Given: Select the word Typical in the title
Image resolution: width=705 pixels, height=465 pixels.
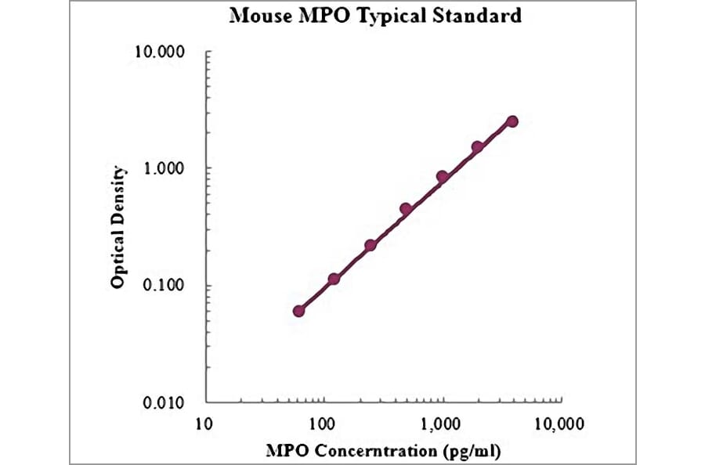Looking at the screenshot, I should coord(392,16).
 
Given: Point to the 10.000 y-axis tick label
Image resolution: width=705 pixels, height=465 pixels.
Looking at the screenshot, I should coord(160,53).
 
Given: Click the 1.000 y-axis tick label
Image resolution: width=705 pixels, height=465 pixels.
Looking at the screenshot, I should coord(164,169).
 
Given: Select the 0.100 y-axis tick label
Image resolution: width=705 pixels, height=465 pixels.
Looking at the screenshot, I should coord(164,286).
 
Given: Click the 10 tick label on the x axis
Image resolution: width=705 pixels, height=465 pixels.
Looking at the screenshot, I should coord(204,426).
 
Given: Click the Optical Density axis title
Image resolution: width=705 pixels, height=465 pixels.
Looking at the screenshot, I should coord(117,227).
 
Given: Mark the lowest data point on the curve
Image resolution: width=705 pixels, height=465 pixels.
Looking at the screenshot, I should coord(298,311).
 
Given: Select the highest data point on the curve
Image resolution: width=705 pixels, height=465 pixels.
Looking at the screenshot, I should coord(512,121).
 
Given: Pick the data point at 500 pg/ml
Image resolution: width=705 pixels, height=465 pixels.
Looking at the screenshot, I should coord(406,209).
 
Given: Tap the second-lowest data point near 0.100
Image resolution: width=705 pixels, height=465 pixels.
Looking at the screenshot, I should coord(334,279).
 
